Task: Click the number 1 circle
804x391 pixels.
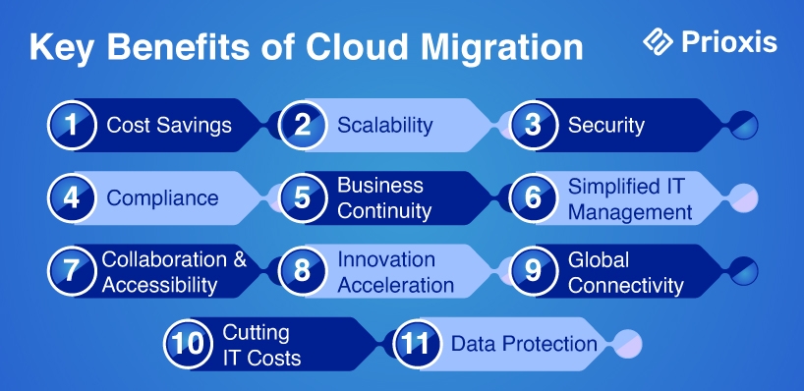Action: pyautogui.click(x=72, y=125)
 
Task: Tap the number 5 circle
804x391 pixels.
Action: pyautogui.click(x=303, y=197)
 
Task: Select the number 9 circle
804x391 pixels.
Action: pyautogui.click(x=534, y=270)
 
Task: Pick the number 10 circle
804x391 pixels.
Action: pyautogui.click(x=188, y=344)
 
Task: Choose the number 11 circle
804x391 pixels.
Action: pyautogui.click(x=418, y=344)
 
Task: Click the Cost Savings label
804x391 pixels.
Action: pyautogui.click(x=169, y=126)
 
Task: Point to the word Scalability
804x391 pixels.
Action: pyautogui.click(x=385, y=126)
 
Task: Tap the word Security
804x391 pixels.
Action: pyautogui.click(x=606, y=126)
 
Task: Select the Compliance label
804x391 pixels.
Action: pyautogui.click(x=162, y=198)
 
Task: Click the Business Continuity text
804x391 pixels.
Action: pyautogui.click(x=384, y=198)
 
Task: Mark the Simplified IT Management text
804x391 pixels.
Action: pyautogui.click(x=630, y=198)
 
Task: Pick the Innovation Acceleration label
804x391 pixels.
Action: pyautogui.click(x=395, y=272)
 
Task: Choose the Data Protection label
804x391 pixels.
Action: pyautogui.click(x=524, y=345)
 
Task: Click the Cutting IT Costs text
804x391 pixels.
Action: pyautogui.click(x=261, y=346)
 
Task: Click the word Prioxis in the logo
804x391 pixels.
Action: pyautogui.click(x=729, y=42)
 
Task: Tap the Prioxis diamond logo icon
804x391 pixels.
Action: pyautogui.click(x=659, y=41)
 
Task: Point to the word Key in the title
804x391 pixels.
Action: pyautogui.click(x=63, y=48)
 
